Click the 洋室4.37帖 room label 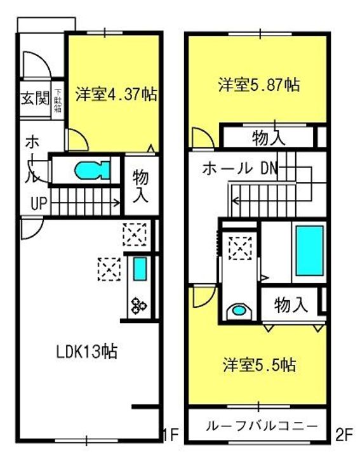115,94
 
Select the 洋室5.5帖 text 259,366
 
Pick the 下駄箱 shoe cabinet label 58,100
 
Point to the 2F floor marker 343,435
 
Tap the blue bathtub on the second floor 309,249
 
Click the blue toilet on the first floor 91,171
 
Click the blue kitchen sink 140,270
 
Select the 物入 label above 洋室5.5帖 291,305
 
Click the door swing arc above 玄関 33,64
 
